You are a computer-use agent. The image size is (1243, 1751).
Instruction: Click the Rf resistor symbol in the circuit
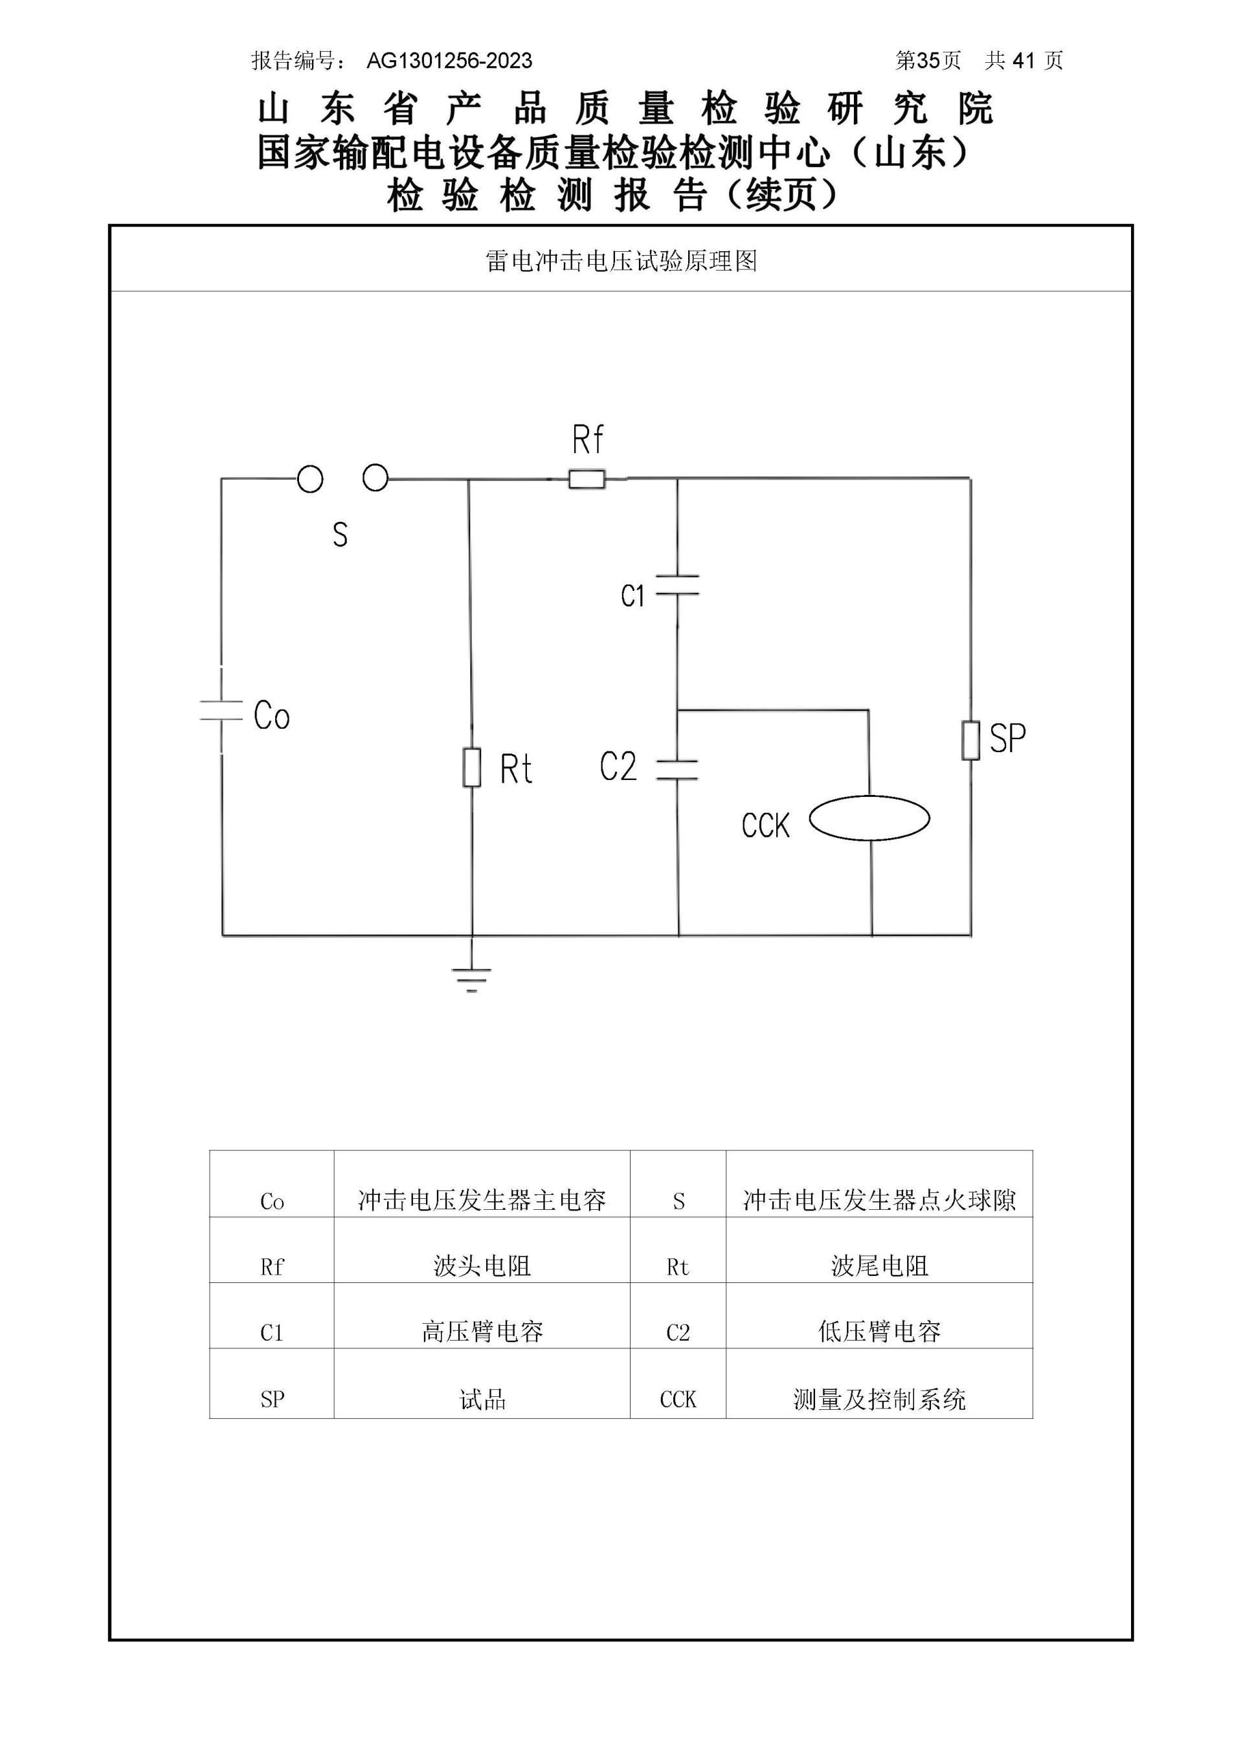587,480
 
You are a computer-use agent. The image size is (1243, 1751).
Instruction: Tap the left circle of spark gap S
310,480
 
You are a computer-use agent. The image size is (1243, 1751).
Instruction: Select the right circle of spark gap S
375,478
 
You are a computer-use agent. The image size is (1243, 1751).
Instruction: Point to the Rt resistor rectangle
471,768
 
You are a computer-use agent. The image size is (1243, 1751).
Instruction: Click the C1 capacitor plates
677,585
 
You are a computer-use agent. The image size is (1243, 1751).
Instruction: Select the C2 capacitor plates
677,770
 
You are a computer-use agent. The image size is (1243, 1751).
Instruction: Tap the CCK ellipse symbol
869,818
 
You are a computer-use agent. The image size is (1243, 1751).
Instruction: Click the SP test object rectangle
970,739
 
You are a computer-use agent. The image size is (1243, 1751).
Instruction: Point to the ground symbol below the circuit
471,977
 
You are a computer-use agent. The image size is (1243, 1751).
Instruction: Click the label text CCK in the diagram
765,826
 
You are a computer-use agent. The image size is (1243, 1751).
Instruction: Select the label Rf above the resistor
587,440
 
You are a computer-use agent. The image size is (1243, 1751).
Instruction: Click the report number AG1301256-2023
449,61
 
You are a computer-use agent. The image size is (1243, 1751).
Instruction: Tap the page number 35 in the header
928,61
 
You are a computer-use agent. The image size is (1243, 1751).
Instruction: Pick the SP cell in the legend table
272,1400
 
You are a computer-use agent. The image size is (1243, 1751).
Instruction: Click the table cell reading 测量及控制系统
879,1400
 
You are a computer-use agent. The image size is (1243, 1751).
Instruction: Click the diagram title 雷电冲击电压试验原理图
621,262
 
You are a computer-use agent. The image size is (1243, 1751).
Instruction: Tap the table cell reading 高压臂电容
482,1332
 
